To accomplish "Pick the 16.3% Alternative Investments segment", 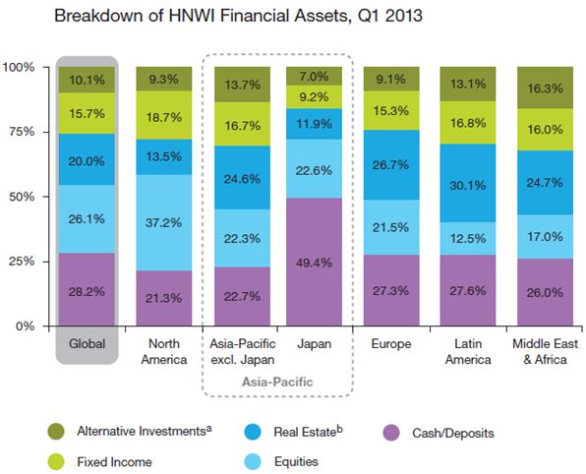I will click(x=546, y=88).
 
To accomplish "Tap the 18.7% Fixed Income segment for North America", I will click(x=164, y=116).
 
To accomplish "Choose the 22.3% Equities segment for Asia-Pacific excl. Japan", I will click(x=240, y=237).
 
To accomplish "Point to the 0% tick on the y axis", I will click(x=24, y=326).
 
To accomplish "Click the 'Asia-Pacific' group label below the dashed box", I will click(x=278, y=377).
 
